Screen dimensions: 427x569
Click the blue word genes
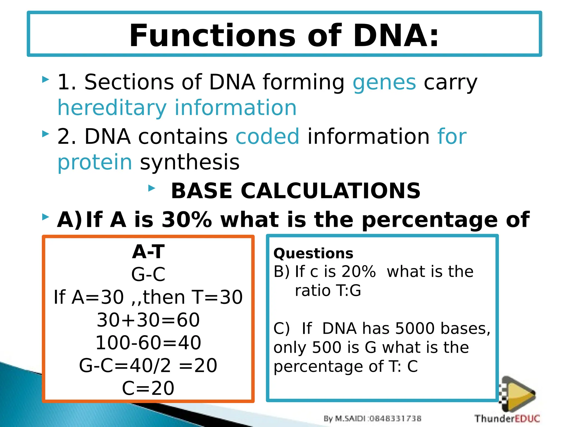[x=384, y=82]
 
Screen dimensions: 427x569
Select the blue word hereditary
[x=112, y=108]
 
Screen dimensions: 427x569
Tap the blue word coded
[x=268, y=136]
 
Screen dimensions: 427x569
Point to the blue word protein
[x=95, y=162]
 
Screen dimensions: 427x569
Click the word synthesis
[x=190, y=162]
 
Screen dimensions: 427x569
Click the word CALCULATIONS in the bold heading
[x=330, y=191]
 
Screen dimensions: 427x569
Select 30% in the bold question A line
[x=187, y=220]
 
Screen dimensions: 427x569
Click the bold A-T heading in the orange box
[x=148, y=252]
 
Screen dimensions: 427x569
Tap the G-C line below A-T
[x=148, y=274]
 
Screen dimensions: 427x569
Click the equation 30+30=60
[x=148, y=320]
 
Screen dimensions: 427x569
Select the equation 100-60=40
[x=148, y=342]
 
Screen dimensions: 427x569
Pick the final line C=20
[x=148, y=388]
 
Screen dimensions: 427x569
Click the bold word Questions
[x=313, y=254]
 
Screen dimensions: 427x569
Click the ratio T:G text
[x=328, y=291]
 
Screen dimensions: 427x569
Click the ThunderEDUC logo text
[x=507, y=418]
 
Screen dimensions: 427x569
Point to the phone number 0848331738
[x=396, y=418]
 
